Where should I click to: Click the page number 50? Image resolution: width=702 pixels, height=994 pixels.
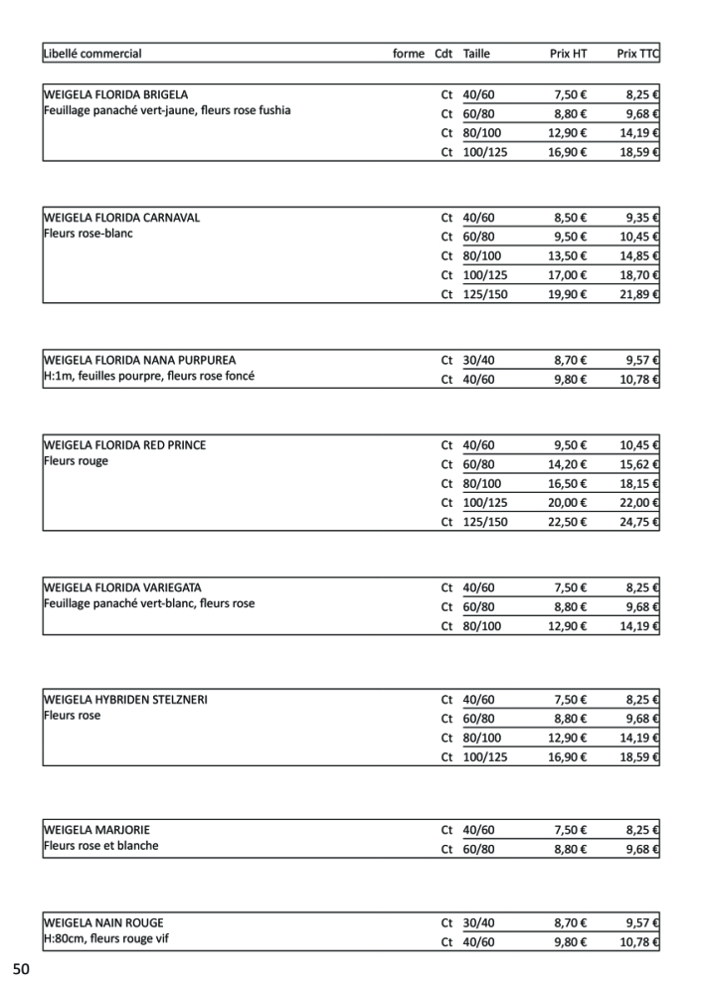tap(22, 969)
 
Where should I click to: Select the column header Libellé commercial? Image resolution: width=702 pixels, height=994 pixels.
tap(92, 54)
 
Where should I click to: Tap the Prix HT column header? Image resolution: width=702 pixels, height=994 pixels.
tap(568, 54)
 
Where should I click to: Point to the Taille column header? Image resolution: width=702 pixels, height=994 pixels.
tap(476, 54)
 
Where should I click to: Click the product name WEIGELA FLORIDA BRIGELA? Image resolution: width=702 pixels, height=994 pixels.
tap(115, 94)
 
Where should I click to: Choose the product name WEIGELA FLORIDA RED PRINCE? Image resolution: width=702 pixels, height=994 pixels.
tap(125, 445)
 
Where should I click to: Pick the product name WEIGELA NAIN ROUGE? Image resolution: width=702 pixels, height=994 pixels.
tap(103, 922)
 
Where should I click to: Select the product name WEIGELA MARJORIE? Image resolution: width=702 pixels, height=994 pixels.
tap(96, 829)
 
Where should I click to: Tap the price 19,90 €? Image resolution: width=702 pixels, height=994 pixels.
tap(568, 294)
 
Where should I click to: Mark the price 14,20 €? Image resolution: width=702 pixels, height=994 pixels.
tap(568, 464)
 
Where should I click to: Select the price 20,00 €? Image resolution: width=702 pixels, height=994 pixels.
tap(568, 503)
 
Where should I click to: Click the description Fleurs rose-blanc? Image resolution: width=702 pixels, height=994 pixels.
tap(88, 234)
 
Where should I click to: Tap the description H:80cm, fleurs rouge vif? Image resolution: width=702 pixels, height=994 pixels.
tap(105, 938)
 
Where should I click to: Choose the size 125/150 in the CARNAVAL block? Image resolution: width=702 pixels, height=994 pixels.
tap(485, 294)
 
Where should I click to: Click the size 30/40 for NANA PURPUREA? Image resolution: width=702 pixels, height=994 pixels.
tap(478, 360)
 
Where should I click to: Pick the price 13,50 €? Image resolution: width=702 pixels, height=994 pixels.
tap(568, 255)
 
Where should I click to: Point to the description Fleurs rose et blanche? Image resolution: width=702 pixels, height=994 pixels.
tap(100, 846)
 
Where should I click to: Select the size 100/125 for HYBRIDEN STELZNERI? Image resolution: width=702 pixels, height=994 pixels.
tap(485, 757)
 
